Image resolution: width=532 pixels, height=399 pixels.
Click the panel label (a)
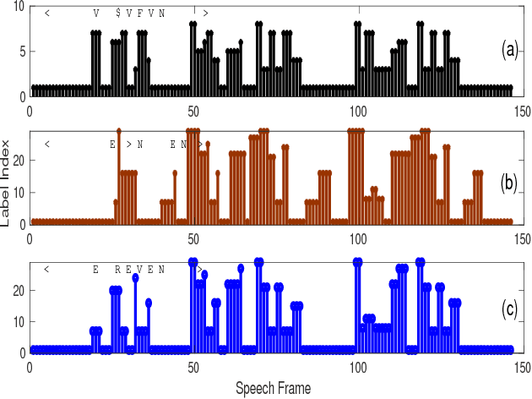pos(509,51)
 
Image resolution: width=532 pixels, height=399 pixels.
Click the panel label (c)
pos(509,309)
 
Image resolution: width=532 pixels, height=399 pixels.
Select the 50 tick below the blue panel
pos(193,369)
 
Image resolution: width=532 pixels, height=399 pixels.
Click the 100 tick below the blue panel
pos(357,369)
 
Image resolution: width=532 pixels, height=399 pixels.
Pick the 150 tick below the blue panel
pos(521,369)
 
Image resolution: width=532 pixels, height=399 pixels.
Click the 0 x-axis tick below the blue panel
pos(30,369)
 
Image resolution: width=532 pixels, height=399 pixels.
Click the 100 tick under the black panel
pos(357,108)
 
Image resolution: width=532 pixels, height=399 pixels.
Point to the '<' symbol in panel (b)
pos(47,145)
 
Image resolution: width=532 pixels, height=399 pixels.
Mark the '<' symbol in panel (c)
pos(47,269)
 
